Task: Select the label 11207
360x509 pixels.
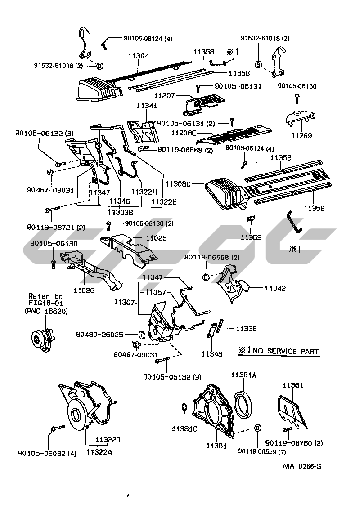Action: [165, 96]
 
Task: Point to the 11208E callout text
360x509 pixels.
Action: [184, 133]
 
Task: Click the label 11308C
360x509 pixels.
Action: [178, 184]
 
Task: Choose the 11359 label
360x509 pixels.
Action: [251, 237]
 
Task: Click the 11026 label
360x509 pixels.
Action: [84, 290]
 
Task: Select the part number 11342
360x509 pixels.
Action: [275, 288]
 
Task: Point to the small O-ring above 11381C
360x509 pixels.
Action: [184, 407]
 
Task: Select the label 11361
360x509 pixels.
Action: [293, 385]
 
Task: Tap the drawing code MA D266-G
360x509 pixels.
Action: [301, 466]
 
